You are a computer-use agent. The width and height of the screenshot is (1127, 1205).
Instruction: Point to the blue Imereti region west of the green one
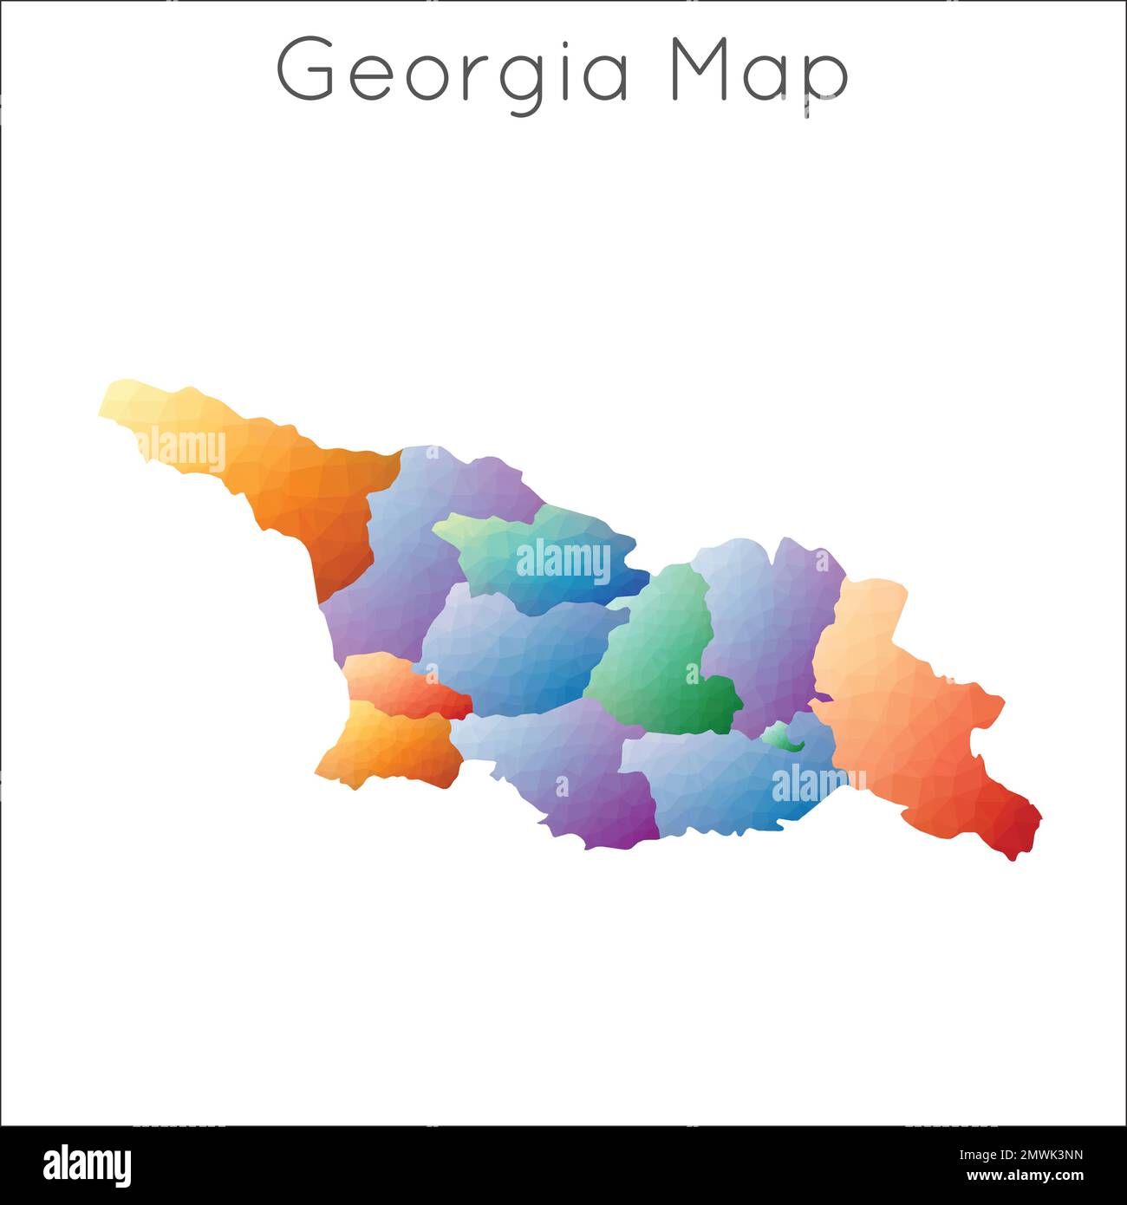(x=511, y=650)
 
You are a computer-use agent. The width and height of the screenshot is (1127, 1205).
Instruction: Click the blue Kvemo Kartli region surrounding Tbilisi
(x=720, y=780)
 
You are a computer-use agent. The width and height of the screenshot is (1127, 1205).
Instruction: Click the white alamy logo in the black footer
(x=87, y=1164)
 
